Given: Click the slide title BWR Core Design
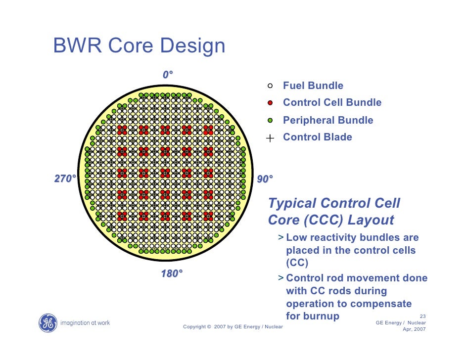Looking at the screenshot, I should [x=139, y=46].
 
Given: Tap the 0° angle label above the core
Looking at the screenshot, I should [x=168, y=75].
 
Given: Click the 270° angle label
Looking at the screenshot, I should [x=65, y=179].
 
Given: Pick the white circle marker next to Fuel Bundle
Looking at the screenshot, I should [x=270, y=86].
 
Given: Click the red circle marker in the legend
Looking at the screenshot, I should [x=270, y=103].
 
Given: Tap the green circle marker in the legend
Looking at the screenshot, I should [x=270, y=120].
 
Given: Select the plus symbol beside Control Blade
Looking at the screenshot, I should [x=270, y=138].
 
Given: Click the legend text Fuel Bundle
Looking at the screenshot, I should [x=313, y=86].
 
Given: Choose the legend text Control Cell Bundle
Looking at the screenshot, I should [x=332, y=103].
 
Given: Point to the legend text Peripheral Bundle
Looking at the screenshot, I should [x=328, y=120].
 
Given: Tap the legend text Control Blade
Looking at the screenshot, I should [x=317, y=137].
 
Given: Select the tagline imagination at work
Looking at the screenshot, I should [x=85, y=323].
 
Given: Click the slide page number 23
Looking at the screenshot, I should [x=422, y=316].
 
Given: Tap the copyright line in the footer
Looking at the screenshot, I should [x=233, y=327].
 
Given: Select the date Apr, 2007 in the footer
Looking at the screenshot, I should [x=414, y=329].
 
